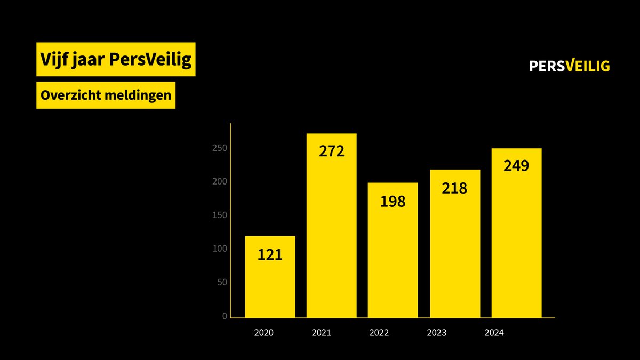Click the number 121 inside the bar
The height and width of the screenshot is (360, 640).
point(270,255)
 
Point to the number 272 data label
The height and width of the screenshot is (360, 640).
point(332,151)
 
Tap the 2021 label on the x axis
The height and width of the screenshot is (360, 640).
point(321,333)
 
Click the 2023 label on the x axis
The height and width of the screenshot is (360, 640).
point(436,333)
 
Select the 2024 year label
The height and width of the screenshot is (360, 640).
point(494,333)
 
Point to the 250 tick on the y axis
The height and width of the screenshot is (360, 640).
point(220,148)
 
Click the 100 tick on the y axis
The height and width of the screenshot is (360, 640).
point(220,249)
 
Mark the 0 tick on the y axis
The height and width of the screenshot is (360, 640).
point(225,316)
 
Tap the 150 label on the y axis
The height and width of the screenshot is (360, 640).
point(220,215)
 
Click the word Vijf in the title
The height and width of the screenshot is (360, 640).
point(54,60)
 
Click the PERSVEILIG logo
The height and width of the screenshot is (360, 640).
point(569,66)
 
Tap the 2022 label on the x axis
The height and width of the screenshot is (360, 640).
point(379,333)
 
